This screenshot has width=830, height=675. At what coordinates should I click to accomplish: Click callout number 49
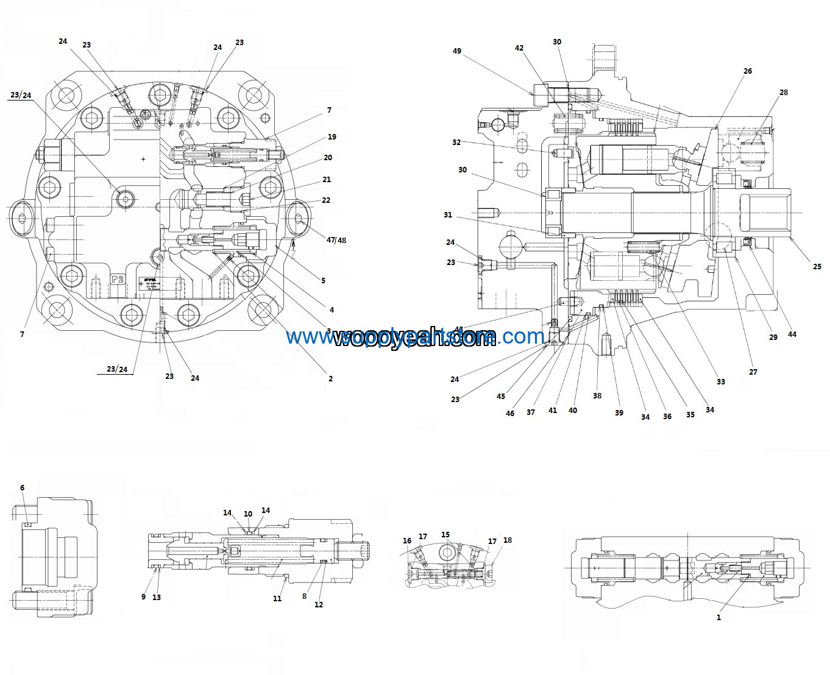(457, 51)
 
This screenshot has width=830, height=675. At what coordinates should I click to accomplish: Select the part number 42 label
(519, 48)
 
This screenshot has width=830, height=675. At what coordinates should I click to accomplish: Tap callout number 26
(748, 71)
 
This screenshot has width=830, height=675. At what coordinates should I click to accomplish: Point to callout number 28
(784, 93)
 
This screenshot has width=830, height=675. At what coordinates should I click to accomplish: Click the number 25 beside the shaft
(817, 267)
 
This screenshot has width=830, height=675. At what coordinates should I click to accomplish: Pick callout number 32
(456, 143)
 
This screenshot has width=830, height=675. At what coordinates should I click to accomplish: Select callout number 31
(448, 215)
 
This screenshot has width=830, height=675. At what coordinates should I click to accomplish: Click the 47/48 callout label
(336, 240)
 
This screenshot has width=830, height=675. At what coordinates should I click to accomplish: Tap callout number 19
(332, 137)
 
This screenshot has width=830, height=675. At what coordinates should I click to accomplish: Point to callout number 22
(326, 200)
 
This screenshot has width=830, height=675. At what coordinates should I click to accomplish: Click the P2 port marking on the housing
(118, 280)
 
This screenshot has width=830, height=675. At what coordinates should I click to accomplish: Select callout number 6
(23, 488)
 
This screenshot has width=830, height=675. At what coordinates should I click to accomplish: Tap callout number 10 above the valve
(248, 514)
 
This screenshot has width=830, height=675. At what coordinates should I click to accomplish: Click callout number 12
(319, 605)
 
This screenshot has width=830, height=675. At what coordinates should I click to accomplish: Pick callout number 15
(445, 535)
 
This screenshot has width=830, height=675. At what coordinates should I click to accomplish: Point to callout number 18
(508, 540)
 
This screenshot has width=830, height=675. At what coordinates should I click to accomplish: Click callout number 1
(718, 618)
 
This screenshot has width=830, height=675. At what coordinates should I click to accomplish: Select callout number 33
(721, 382)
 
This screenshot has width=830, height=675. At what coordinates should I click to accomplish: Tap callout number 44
(792, 334)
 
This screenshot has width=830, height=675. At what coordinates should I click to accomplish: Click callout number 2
(331, 379)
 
